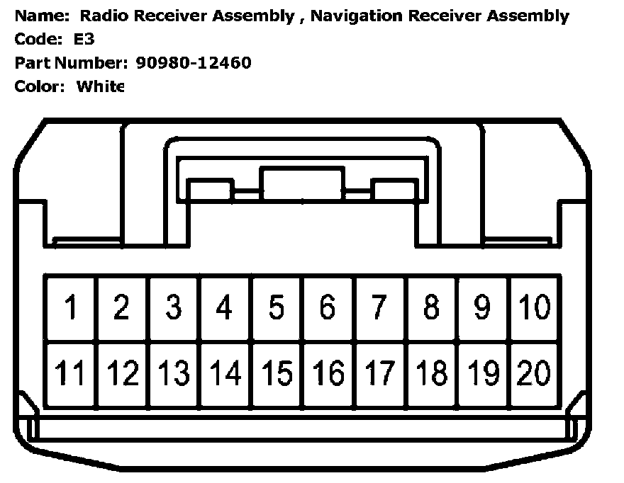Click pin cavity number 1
(x=70, y=308)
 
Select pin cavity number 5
(x=277, y=308)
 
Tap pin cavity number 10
(x=534, y=308)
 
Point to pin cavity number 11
(x=70, y=373)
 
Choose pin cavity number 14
(x=225, y=373)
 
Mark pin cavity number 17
(x=379, y=373)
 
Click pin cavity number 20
(x=534, y=373)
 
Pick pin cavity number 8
(x=431, y=308)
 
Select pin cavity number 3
(x=174, y=308)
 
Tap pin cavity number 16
(x=328, y=373)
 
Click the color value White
(x=100, y=86)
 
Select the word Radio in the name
(x=101, y=16)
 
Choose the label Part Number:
(x=69, y=63)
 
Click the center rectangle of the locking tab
(x=302, y=183)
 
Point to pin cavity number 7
(x=379, y=308)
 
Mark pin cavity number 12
(x=122, y=373)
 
